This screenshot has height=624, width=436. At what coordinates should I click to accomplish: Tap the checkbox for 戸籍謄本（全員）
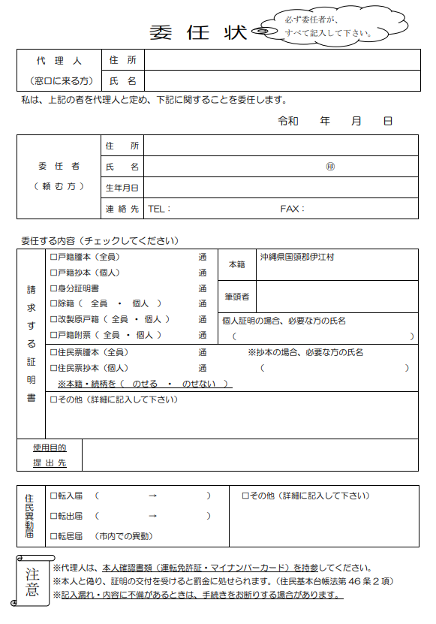(x=53, y=257)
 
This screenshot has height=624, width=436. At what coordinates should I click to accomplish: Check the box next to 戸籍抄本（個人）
(x=53, y=273)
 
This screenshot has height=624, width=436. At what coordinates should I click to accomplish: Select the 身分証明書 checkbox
(x=53, y=288)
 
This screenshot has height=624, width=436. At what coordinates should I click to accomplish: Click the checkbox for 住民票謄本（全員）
(x=53, y=352)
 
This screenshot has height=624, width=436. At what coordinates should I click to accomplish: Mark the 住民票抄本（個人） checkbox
(x=53, y=368)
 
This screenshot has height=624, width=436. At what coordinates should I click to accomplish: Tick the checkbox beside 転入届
(x=53, y=496)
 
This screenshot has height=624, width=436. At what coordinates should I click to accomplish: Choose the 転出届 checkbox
(x=53, y=516)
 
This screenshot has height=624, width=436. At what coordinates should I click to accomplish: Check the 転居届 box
(x=53, y=536)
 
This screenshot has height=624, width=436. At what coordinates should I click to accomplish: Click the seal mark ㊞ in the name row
(x=330, y=167)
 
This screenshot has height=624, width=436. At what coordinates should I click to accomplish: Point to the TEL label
(x=158, y=209)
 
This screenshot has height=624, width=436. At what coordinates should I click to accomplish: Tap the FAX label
(x=291, y=209)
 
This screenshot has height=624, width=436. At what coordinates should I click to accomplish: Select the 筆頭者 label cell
(x=237, y=297)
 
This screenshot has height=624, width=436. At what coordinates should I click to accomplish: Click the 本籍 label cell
(x=237, y=264)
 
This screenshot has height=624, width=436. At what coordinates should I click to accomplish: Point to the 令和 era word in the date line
(x=288, y=120)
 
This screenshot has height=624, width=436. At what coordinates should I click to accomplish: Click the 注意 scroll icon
(x=32, y=579)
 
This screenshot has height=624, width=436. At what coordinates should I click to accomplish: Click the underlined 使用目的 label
(x=50, y=448)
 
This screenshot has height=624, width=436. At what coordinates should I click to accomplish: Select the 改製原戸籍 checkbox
(x=53, y=320)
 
